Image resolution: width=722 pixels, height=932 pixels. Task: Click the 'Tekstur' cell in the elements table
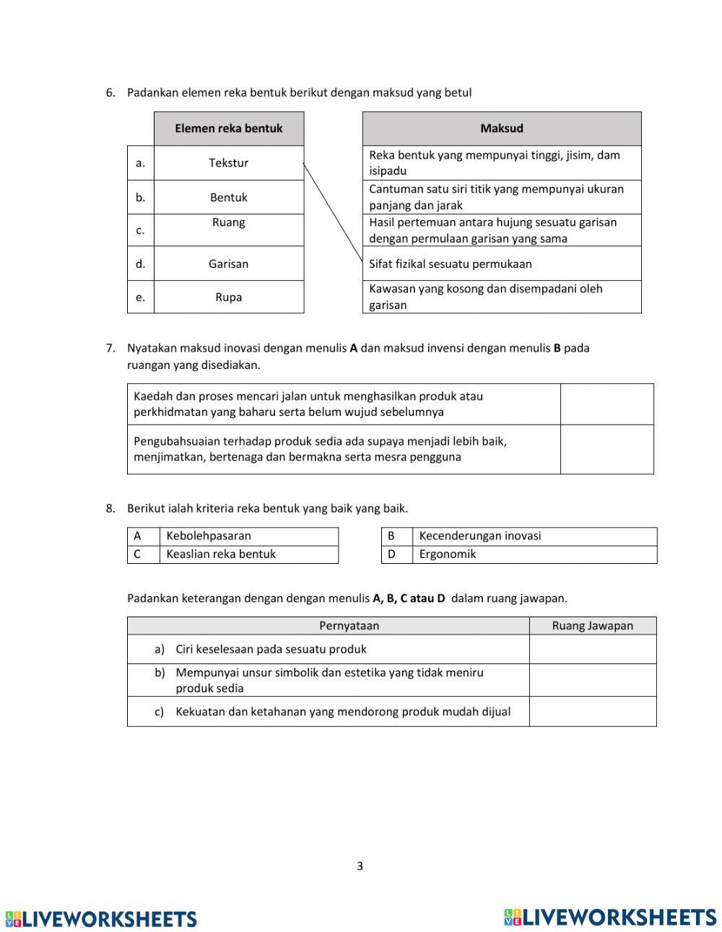pyautogui.click(x=229, y=163)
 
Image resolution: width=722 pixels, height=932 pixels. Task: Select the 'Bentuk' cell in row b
pyautogui.click(x=229, y=197)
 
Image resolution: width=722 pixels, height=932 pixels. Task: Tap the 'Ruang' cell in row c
pyautogui.click(x=229, y=230)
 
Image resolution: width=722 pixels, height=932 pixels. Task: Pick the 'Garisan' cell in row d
pyautogui.click(x=229, y=264)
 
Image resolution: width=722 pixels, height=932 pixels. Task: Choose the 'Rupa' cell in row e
pyautogui.click(x=229, y=297)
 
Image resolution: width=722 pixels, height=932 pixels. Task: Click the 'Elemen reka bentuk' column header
pyautogui.click(x=229, y=129)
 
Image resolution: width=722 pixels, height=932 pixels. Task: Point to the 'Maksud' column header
pyautogui.click(x=502, y=129)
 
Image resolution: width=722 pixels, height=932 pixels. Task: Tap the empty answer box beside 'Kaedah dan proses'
pyautogui.click(x=606, y=404)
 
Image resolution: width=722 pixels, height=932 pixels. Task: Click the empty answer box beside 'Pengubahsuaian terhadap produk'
pyautogui.click(x=606, y=449)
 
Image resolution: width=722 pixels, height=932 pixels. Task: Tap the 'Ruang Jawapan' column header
pyautogui.click(x=592, y=626)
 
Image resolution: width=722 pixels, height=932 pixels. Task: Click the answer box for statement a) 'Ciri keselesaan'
pyautogui.click(x=592, y=649)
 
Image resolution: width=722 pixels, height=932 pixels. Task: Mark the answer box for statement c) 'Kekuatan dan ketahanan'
pyautogui.click(x=592, y=711)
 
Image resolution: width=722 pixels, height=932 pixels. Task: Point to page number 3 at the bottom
pyautogui.click(x=360, y=866)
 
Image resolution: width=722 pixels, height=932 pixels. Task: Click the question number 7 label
pyautogui.click(x=110, y=348)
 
